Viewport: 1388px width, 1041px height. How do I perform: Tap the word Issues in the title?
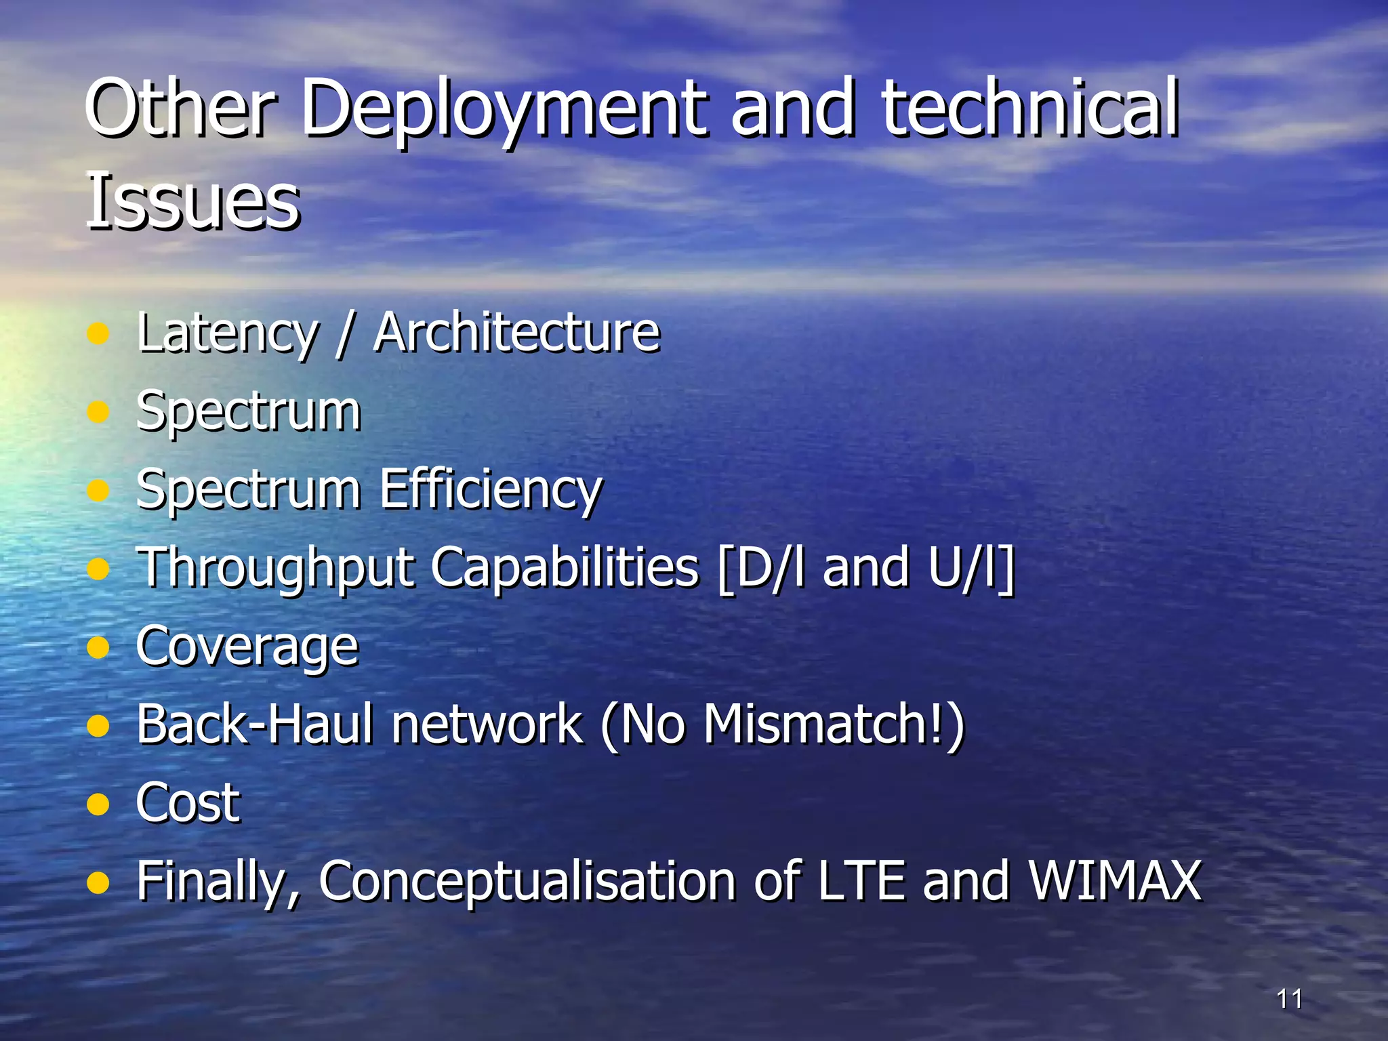point(192,201)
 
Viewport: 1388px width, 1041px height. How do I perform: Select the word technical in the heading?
point(1029,108)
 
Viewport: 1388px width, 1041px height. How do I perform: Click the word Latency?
point(227,333)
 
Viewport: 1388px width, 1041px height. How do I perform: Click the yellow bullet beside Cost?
point(99,804)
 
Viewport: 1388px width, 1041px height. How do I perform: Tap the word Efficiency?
point(491,489)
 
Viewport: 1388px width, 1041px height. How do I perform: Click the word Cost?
point(188,803)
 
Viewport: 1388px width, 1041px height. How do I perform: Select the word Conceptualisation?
point(527,881)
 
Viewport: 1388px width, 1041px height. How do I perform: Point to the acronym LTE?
point(861,881)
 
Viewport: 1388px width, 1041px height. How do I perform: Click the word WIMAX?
point(1115,881)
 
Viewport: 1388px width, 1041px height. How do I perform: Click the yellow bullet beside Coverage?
point(99,647)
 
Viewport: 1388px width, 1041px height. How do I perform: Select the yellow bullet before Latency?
point(99,333)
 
